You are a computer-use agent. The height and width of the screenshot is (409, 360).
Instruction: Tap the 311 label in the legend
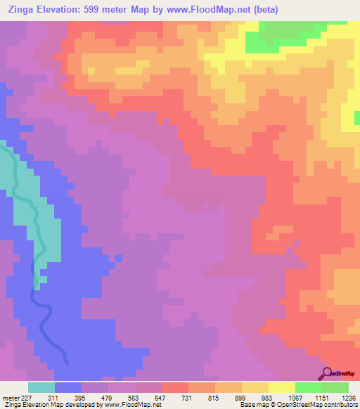pyautogui.click(x=51, y=397)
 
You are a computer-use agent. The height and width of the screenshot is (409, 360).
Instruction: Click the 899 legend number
pyautogui.click(x=259, y=397)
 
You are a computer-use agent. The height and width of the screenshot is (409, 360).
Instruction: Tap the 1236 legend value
pyautogui.click(x=349, y=397)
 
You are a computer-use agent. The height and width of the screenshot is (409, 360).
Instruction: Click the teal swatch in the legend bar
pyautogui.click(x=41, y=387)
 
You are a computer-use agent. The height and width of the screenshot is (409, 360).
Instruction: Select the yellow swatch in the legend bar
pyautogui.click(x=281, y=387)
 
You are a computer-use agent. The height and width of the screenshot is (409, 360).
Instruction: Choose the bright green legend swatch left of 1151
pyautogui.click(x=308, y=387)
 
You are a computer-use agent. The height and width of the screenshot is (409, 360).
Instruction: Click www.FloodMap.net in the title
pyautogui.click(x=207, y=10)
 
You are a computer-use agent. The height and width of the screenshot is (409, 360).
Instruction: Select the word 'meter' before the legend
pyautogui.click(x=10, y=397)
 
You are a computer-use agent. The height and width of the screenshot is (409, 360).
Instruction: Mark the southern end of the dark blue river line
pyautogui.click(x=67, y=362)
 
